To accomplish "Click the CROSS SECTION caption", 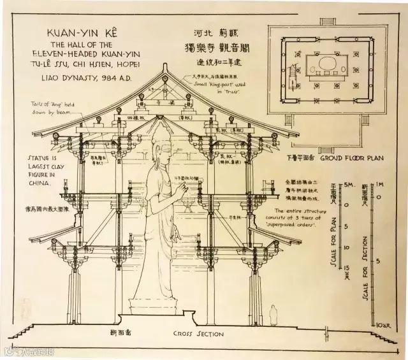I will [x=198, y=334].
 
